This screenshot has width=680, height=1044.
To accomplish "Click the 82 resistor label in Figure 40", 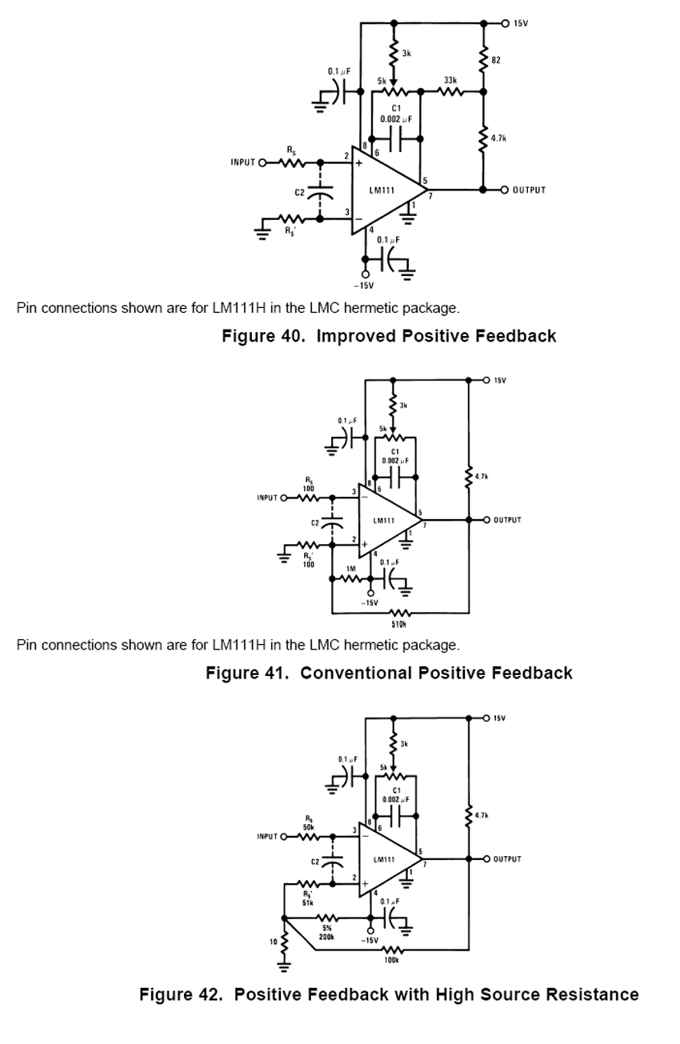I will pyautogui.click(x=496, y=62).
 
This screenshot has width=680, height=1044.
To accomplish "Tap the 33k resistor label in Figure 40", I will pyautogui.click(x=450, y=81).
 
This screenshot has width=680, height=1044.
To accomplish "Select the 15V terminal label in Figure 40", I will pyautogui.click(x=521, y=23).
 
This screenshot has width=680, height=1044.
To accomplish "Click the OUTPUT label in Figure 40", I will pyautogui.click(x=529, y=190).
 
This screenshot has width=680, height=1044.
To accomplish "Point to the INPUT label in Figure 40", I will pyautogui.click(x=242, y=162).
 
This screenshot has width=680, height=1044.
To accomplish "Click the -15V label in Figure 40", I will pyautogui.click(x=364, y=285).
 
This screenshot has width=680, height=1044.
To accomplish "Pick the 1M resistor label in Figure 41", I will pyautogui.click(x=350, y=569).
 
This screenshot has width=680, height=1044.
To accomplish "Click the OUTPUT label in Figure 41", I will pyautogui.click(x=507, y=520).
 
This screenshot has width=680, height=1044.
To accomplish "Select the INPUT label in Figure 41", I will pyautogui.click(x=267, y=498).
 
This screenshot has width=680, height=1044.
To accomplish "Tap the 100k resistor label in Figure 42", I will pyautogui.click(x=391, y=960).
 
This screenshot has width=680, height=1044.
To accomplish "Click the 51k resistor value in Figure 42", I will pyautogui.click(x=307, y=902).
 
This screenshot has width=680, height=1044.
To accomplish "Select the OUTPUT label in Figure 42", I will pyautogui.click(x=507, y=859).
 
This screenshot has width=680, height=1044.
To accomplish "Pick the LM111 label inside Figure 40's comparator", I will pyautogui.click(x=382, y=190).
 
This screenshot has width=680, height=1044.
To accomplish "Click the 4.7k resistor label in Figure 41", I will pyautogui.click(x=481, y=477).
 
